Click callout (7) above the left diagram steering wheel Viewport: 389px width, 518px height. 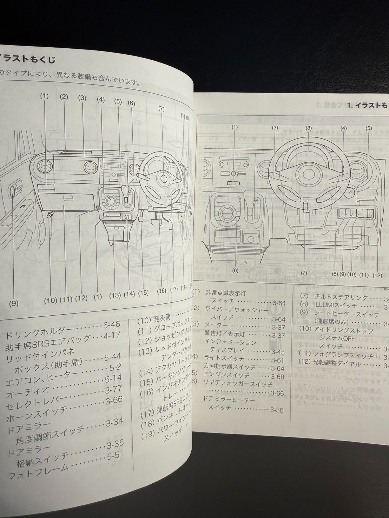coord(161,109)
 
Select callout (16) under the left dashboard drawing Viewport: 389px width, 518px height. coord(161,290)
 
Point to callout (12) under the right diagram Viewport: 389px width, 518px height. coord(377,275)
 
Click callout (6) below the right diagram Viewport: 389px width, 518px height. coord(235,270)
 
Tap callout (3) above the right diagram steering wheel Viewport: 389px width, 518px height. coord(309,128)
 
